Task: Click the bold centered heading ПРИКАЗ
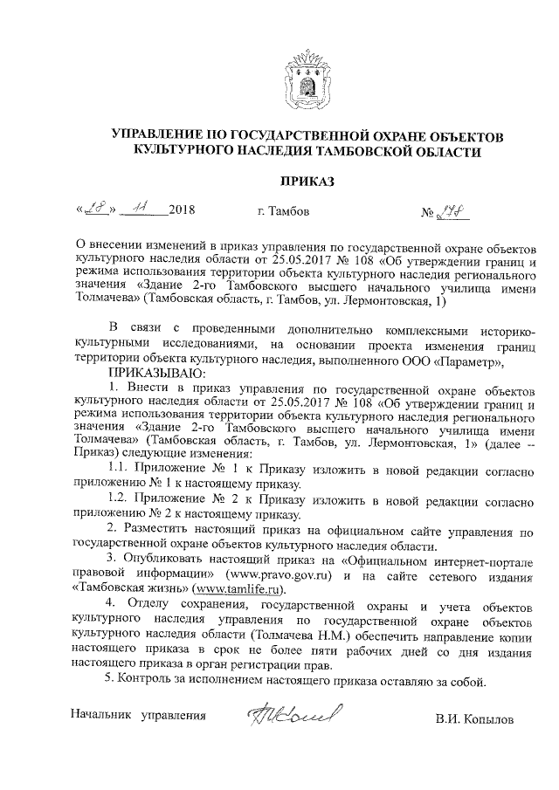click(306, 182)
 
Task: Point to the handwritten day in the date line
click(92, 210)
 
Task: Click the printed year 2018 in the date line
click(181, 211)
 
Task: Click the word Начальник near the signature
click(103, 717)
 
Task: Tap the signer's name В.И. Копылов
click(475, 720)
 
